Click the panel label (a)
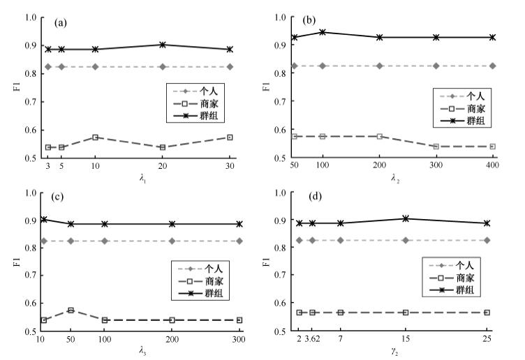pyautogui.click(x=61, y=23)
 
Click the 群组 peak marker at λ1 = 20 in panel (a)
pyautogui.click(x=163, y=45)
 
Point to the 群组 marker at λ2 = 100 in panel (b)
pyautogui.click(x=322, y=32)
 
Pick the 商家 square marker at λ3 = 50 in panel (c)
pyautogui.click(x=71, y=310)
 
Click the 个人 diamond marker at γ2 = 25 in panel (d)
pyautogui.click(x=487, y=240)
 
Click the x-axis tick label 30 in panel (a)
pyautogui.click(x=229, y=167)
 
